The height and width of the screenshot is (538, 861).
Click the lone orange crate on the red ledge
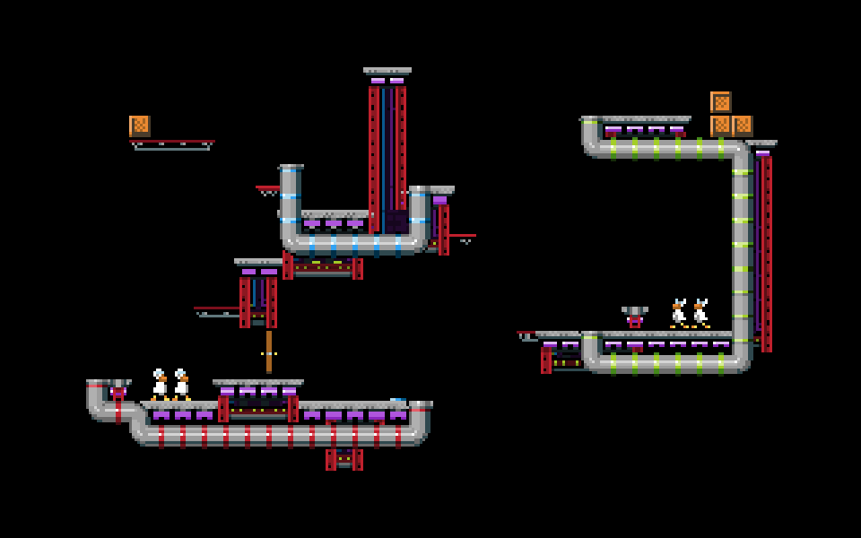140,126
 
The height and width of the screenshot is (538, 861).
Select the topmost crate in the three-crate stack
721,102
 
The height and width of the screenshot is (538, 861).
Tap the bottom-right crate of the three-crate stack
743,126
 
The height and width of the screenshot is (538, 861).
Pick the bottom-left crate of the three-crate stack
721,126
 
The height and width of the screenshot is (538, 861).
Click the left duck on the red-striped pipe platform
160,385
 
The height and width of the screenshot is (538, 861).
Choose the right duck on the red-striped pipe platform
181,385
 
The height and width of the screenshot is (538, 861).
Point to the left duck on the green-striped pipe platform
679,314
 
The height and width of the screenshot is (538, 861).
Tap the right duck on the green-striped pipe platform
700,314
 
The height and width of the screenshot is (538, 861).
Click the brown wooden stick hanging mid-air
269,351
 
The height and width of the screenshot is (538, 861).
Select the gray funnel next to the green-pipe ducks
635,317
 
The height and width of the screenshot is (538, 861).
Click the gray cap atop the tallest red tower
387,71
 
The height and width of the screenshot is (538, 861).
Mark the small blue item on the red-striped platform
398,400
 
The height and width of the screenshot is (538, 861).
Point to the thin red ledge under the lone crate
172,143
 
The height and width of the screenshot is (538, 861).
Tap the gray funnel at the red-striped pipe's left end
118,387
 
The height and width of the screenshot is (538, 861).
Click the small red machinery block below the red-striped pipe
344,459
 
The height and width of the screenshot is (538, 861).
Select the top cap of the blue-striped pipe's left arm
291,168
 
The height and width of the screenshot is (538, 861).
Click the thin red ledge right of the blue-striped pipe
462,237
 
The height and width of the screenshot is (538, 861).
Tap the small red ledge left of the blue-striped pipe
267,189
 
